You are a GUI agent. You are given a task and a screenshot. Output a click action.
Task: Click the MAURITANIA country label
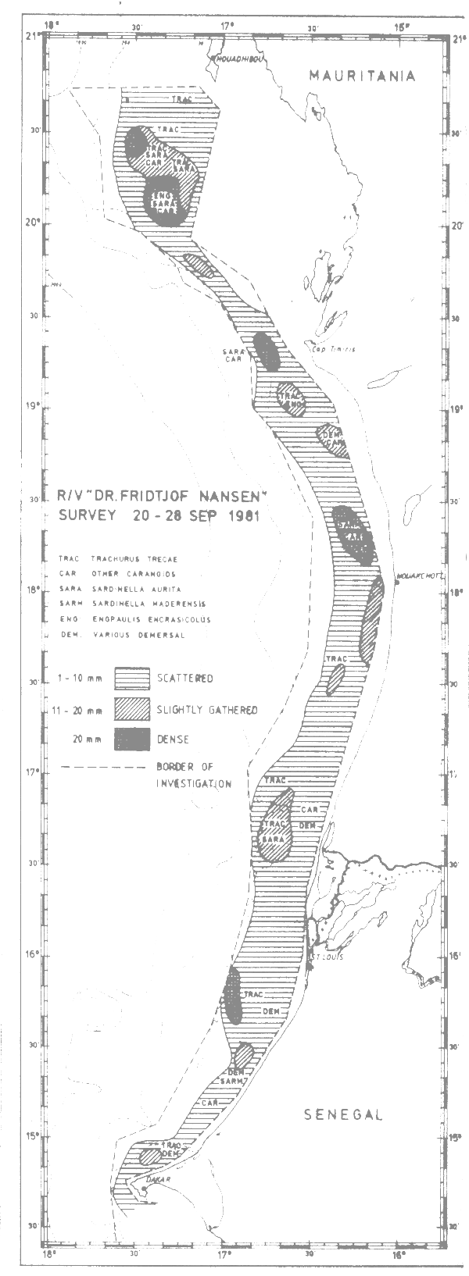[x=362, y=76]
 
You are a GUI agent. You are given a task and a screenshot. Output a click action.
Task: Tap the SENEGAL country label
[x=343, y=1114]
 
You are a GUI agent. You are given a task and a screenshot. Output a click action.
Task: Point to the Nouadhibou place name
[x=240, y=59]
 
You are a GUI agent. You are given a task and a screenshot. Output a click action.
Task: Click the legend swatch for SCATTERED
[x=132, y=677]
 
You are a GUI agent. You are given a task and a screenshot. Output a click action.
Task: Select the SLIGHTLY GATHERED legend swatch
[x=132, y=708]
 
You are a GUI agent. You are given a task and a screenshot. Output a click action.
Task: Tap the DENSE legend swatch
[x=132, y=738]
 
